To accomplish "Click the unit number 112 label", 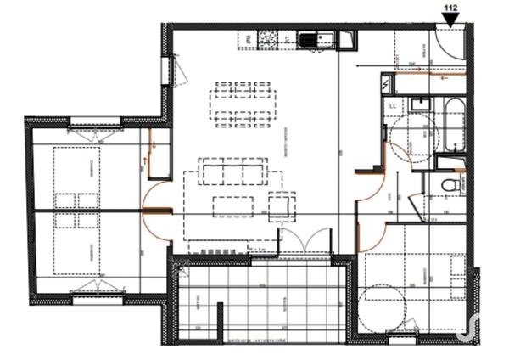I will (450, 8).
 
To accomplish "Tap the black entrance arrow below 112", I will (450, 20).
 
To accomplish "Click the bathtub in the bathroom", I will (451, 124).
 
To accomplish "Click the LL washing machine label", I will (394, 105).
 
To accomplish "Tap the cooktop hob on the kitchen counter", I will (267, 38).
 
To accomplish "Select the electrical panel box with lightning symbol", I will (388, 83).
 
